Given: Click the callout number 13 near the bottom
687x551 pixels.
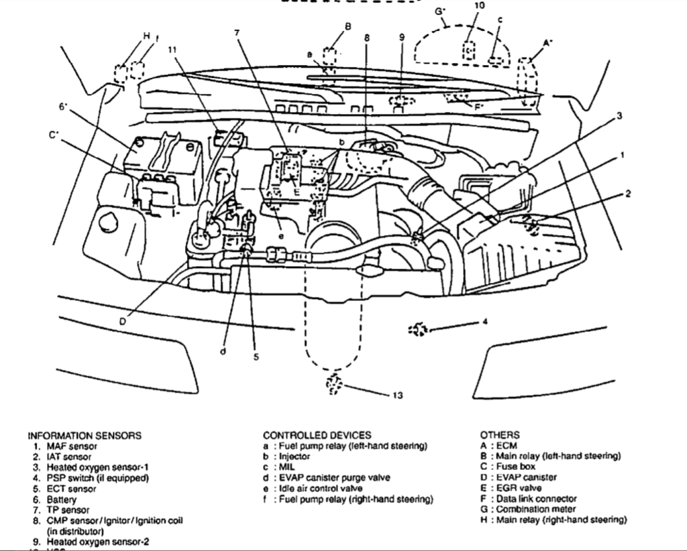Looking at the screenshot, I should pos(397,395).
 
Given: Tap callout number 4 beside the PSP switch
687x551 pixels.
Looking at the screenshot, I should pos(485,322).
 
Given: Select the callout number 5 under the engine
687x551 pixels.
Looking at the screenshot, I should pos(256,357).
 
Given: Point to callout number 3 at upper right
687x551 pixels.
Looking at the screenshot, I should pos(619,116).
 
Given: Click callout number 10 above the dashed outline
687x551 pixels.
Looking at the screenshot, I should pos(479,5).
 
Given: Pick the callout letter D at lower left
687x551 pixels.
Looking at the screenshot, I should pos(122,321).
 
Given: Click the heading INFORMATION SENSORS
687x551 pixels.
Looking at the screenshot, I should pos(84,435).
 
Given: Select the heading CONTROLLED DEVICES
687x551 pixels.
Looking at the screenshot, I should pos(317,435).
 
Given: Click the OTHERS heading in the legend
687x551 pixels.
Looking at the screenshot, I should pos(499,435).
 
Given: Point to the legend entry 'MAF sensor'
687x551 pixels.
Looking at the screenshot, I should pos(72,446).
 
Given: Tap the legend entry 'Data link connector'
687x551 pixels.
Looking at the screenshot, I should pos(536,499).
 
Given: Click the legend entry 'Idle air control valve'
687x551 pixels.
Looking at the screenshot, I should pos(325,489).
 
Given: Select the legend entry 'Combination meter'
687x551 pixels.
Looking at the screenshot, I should pos(534,509).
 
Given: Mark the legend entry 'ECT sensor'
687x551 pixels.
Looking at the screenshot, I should pos(71,489).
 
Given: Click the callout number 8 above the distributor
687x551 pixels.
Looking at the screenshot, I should pos(367,38).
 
